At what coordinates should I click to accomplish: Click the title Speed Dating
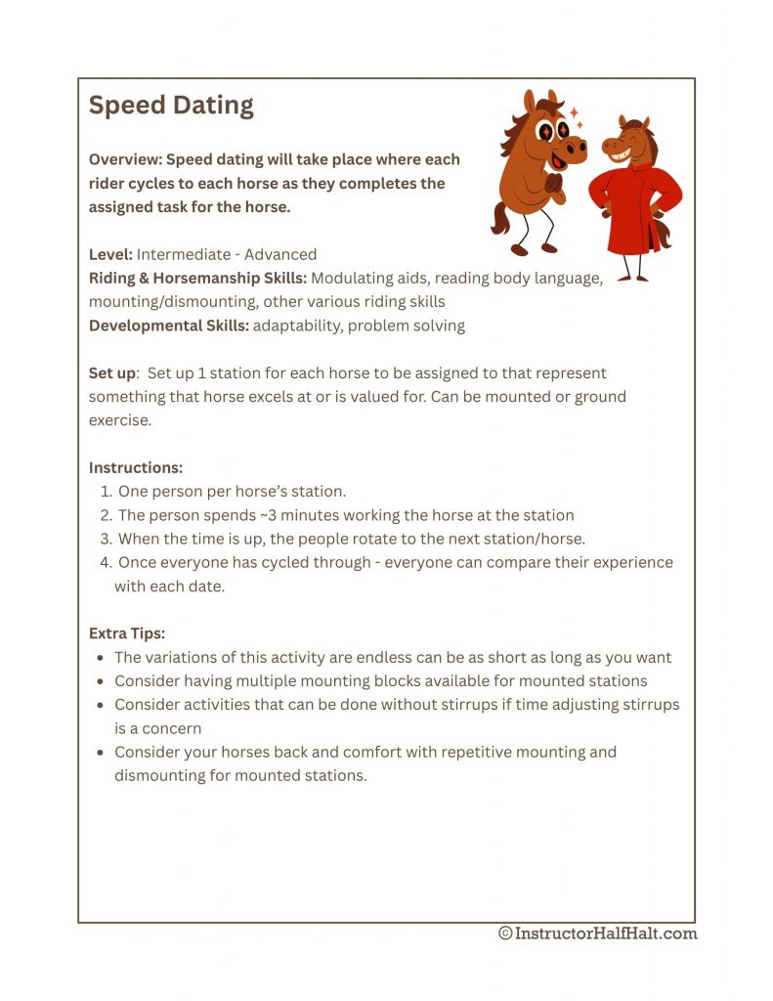click(x=171, y=106)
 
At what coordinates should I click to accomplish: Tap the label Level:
click(x=110, y=254)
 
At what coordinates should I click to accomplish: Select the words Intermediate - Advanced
click(x=227, y=254)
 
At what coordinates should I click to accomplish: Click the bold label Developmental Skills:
click(x=169, y=326)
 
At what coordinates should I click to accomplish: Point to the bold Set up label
click(x=111, y=373)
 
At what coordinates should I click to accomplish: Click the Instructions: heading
click(x=136, y=467)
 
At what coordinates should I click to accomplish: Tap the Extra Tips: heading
click(x=127, y=633)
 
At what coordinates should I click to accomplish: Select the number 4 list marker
click(x=106, y=562)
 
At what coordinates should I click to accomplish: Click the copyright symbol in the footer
click(x=505, y=934)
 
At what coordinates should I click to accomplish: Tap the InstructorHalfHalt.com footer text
click(x=607, y=934)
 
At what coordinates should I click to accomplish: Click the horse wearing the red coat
click(x=633, y=196)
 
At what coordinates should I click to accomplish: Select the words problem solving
click(x=408, y=326)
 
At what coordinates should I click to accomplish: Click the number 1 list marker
click(x=106, y=492)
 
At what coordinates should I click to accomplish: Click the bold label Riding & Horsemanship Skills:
click(x=198, y=278)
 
